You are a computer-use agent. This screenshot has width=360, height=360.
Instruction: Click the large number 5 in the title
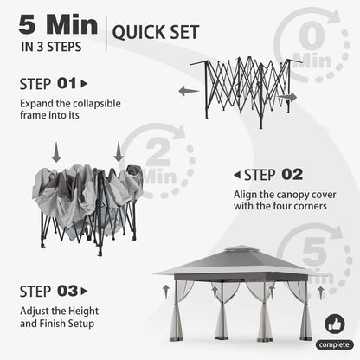click(x=28, y=24)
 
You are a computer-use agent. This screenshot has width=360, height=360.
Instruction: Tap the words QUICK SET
click(x=156, y=32)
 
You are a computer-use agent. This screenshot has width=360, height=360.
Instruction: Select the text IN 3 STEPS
click(x=51, y=47)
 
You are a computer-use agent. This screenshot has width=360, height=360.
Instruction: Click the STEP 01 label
click(x=48, y=84)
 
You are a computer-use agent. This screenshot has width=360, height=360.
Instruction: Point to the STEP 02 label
click(x=273, y=175)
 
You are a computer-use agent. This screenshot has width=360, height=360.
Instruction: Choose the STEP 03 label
click(x=48, y=292)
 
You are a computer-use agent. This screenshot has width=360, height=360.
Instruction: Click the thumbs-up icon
click(x=335, y=324)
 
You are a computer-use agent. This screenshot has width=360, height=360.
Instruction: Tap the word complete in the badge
click(x=334, y=344)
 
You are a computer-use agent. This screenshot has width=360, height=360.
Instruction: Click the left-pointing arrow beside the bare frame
click(x=189, y=91)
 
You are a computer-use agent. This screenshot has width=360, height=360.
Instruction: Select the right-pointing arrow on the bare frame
click(x=286, y=98)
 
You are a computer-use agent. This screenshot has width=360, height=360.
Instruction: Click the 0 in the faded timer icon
click(x=312, y=36)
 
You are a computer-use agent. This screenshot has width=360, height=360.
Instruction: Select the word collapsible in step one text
click(x=97, y=104)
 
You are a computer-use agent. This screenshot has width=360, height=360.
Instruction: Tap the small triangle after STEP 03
click(x=84, y=292)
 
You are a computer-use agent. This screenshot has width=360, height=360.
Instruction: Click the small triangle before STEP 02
click(x=237, y=175)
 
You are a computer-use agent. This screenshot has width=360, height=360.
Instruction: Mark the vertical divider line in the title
click(x=106, y=34)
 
